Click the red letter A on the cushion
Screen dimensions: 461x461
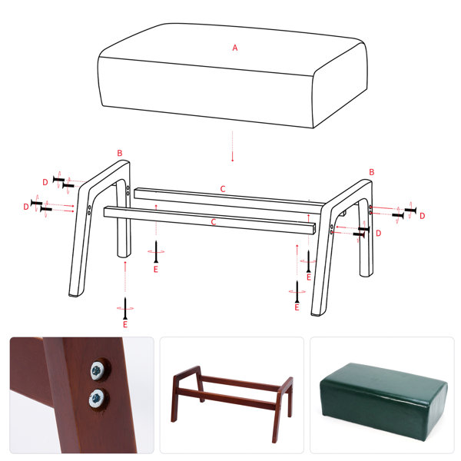234,48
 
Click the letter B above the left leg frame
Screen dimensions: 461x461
120,153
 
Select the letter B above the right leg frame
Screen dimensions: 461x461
372,172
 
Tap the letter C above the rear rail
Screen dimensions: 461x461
223,189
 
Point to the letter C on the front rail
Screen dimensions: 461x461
214,222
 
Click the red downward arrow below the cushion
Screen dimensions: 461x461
232,146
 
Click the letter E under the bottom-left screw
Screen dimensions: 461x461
125,324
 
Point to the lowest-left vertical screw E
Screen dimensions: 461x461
125,308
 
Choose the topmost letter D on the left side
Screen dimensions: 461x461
45,182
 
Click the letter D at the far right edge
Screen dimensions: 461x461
422,216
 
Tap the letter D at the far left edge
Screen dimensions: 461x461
26,207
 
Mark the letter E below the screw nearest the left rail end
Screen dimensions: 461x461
156,270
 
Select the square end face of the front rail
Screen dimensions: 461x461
313,229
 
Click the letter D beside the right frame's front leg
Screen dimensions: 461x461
378,233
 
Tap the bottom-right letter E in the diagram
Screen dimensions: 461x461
297,307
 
